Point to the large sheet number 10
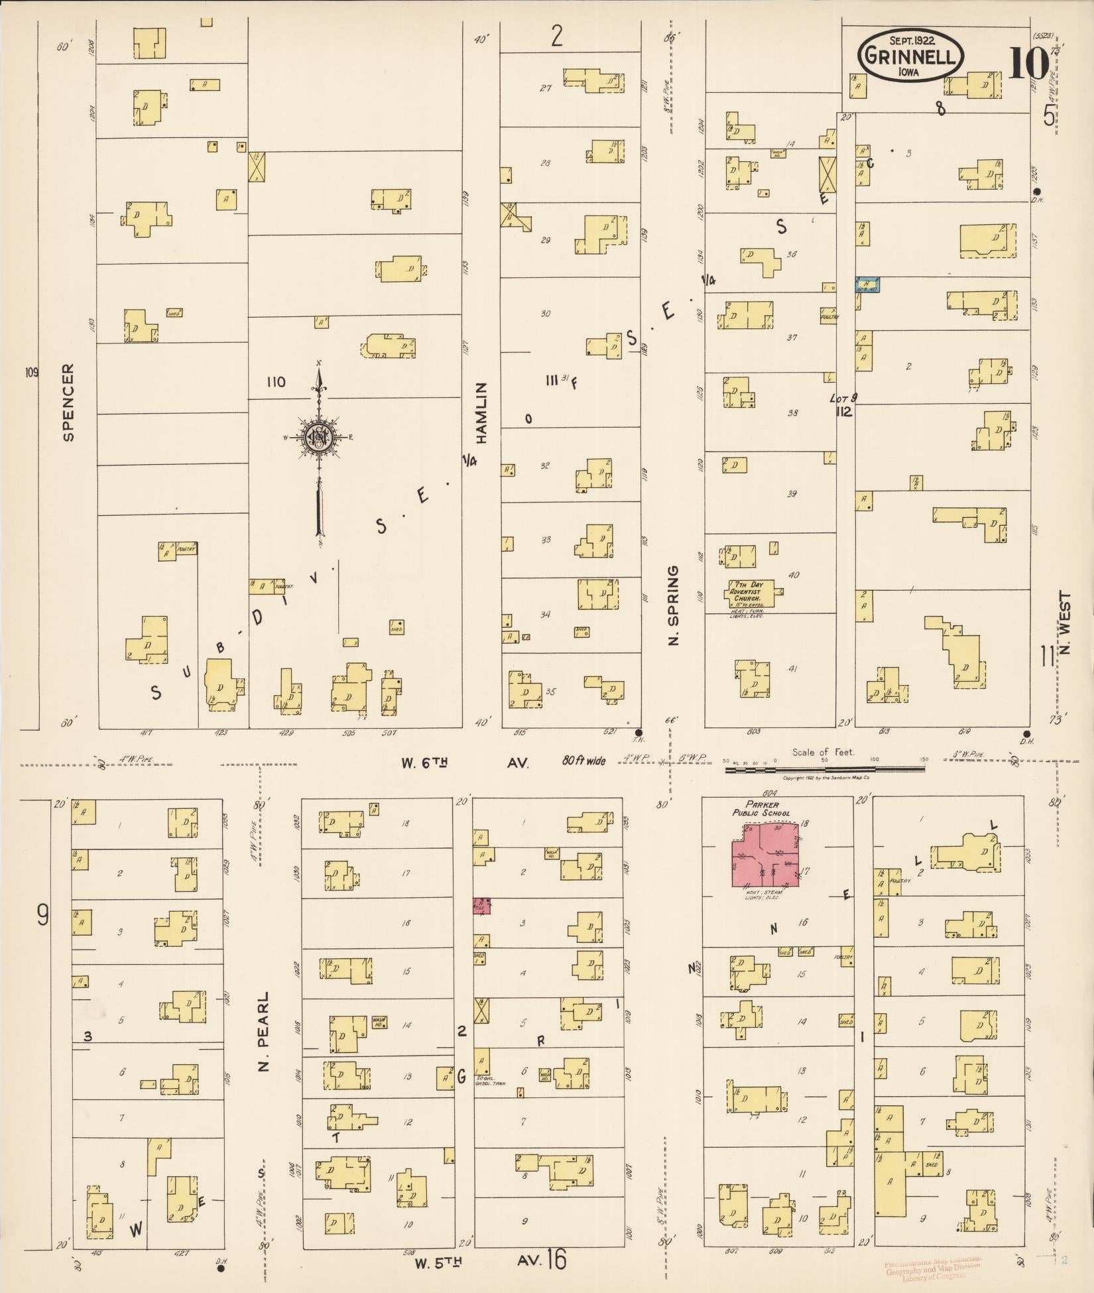[1028, 64]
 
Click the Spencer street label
[68, 402]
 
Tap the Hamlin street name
[482, 412]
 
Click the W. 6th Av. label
[464, 763]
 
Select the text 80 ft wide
[583, 761]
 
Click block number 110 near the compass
[275, 382]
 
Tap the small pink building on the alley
[481, 906]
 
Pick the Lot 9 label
[843, 398]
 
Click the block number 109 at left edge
[32, 372]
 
